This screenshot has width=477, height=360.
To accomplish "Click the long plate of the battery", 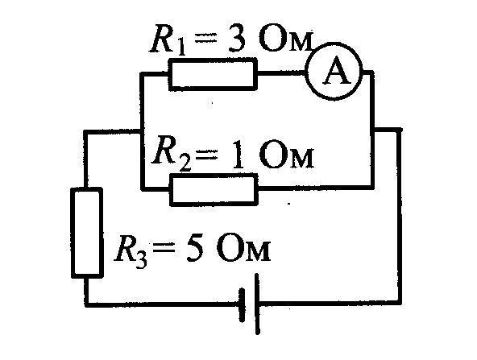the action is point(257,304).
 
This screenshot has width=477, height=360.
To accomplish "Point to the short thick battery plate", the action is point(242,305).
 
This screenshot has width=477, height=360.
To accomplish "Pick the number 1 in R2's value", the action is point(238,154).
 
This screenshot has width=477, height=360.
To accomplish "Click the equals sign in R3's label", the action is point(164,248).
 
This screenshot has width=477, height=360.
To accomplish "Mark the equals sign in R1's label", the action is point(205,39).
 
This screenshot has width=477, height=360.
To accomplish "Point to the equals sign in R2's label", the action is point(206,155).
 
